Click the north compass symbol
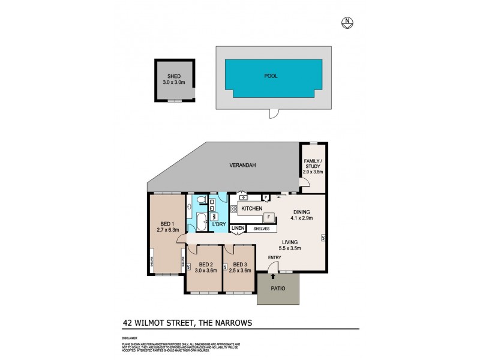346,23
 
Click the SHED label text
174,76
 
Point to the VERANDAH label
243,166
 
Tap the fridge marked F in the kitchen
269,217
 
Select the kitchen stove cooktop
233,209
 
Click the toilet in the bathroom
200,201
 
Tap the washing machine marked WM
214,216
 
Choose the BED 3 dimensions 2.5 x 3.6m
240,271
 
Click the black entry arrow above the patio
274,276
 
